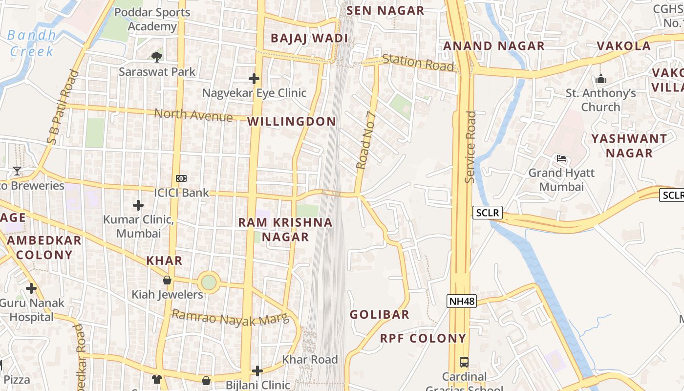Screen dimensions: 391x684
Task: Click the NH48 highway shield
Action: [461, 301]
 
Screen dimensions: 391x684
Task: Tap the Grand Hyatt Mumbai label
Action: [561, 180]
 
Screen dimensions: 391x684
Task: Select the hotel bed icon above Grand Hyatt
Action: [561, 158]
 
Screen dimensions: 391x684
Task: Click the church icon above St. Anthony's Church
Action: [601, 79]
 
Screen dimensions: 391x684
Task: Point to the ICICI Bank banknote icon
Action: [181, 178]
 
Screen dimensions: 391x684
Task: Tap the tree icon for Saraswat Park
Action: [157, 57]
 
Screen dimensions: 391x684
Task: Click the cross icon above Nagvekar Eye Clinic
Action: [254, 78]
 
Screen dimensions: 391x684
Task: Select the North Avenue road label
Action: [193, 115]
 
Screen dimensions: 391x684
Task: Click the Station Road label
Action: [418, 62]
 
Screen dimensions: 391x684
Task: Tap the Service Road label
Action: [470, 147]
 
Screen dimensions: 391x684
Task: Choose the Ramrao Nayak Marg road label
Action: [231, 318]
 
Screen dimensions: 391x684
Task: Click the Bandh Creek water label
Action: [32, 43]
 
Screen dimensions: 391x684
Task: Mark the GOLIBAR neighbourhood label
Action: [380, 314]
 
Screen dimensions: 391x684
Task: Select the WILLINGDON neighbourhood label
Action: [292, 122]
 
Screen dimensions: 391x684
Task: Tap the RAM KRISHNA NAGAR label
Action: [285, 230]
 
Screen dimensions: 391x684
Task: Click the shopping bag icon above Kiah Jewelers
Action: [167, 281]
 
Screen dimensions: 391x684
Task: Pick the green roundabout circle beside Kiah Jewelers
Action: [209, 282]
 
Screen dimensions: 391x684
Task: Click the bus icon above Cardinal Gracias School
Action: [464, 362]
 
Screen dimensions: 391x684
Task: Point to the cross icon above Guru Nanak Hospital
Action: [31, 288]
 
